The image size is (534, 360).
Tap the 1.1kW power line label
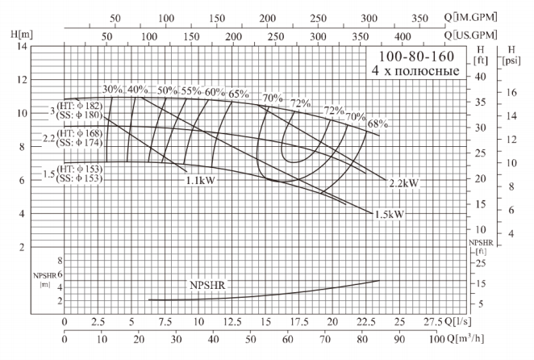(202, 182)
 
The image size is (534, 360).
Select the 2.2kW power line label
(403, 183)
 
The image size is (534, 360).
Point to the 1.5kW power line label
(388, 215)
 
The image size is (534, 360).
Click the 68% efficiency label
(378, 124)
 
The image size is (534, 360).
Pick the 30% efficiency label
(113, 90)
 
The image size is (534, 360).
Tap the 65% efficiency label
(238, 94)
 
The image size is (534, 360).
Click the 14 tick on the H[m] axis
(22, 46)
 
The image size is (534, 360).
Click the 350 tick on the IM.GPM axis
(420, 18)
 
